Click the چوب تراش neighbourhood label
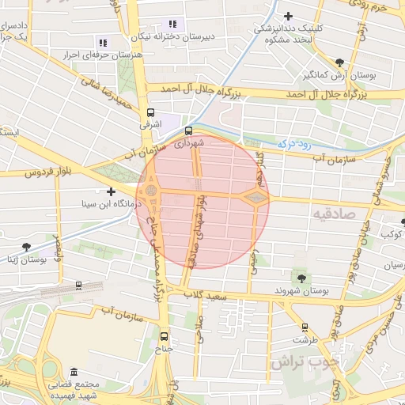point(304,362)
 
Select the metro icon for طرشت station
point(305,327)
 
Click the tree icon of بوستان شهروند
point(301,278)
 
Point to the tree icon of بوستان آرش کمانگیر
point(339,62)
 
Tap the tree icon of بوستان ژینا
point(28,248)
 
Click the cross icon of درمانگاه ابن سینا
point(111,191)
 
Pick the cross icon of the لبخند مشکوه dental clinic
point(289,15)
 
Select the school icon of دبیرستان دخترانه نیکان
point(173,24)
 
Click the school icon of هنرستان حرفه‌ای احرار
point(102,43)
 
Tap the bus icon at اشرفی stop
point(150,112)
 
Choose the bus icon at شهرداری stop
point(188,131)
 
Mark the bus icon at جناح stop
point(164,335)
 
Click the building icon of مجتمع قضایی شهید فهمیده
point(74,372)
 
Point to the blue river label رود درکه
point(295,144)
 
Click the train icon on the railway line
point(78,285)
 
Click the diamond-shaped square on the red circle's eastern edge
point(255,196)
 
